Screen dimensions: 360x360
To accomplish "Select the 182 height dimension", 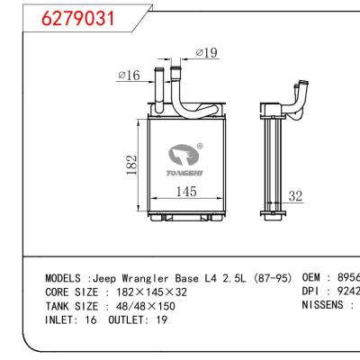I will point(132,166).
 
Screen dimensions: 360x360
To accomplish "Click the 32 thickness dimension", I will point(294,195).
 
